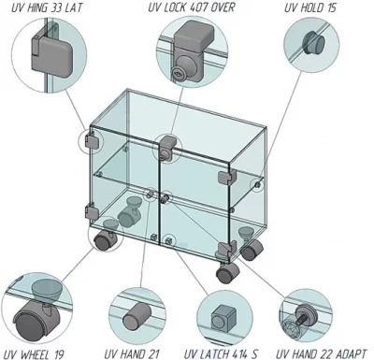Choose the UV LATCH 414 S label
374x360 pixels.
(x=221, y=353)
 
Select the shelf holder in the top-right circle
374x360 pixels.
(x=312, y=44)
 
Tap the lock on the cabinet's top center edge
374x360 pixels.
(x=166, y=148)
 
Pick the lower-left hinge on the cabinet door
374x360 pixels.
(x=91, y=211)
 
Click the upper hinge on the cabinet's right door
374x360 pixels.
(x=225, y=176)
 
